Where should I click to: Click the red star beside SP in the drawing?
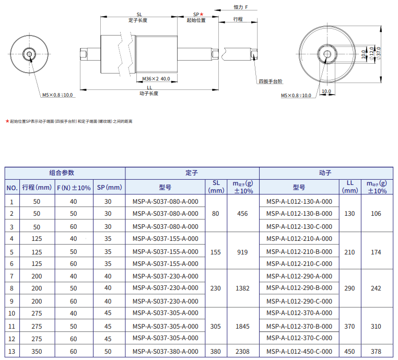tap(202, 14)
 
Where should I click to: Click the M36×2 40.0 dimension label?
tap(156, 79)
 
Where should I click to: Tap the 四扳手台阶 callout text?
tap(270, 82)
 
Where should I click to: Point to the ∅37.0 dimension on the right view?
tap(379, 53)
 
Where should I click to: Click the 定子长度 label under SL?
tap(138, 20)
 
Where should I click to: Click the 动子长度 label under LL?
tap(149, 94)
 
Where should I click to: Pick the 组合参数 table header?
tap(65, 173)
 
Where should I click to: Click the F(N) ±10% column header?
tap(73, 188)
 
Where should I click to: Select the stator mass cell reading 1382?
tap(242, 288)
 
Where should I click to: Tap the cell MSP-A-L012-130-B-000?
tap(299, 214)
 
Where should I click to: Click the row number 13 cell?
tap(11, 352)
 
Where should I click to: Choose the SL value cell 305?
tap(216, 327)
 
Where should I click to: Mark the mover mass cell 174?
tap(376, 252)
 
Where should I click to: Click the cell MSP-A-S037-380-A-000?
tap(166, 352)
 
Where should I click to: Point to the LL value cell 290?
tap(349, 288)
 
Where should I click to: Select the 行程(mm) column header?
tap(37, 188)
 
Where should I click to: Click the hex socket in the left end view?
tap(30, 54)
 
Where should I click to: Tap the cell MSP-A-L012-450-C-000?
tap(299, 352)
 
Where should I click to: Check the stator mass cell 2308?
tap(242, 352)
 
